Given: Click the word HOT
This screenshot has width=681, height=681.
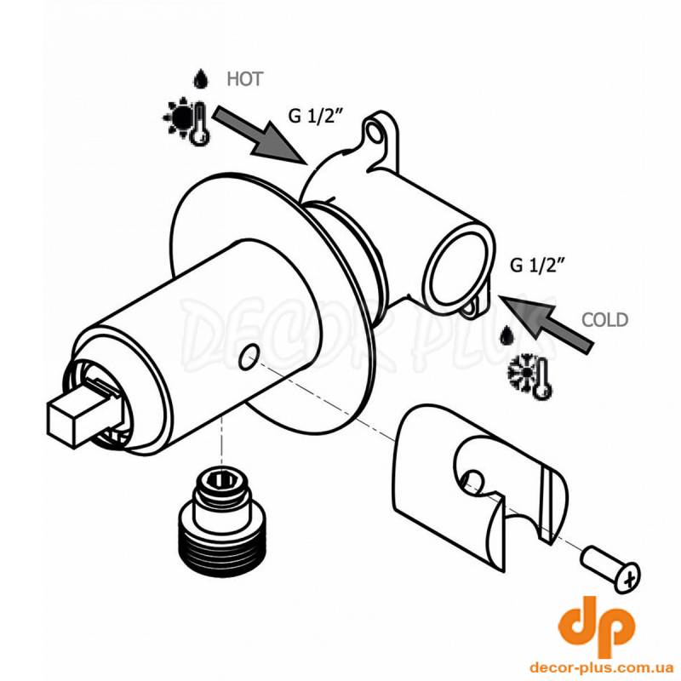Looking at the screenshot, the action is click(245, 79).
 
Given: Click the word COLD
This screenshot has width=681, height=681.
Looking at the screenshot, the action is click(605, 320).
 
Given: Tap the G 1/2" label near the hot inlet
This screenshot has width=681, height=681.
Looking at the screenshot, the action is click(317, 116).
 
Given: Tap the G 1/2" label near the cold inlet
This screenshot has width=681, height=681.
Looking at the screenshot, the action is click(539, 265).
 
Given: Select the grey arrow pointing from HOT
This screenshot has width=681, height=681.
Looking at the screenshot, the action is click(259, 134).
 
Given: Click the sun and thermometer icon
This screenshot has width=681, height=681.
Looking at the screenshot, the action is click(186, 120).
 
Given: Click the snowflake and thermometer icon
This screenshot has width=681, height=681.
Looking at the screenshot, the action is click(529, 376).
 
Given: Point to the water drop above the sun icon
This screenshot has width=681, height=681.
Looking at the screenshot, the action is click(200, 79).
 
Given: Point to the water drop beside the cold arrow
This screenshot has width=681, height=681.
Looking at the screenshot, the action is click(505, 335).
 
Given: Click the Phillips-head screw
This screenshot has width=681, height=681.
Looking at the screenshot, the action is click(611, 570).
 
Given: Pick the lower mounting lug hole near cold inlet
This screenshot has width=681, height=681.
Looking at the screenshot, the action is click(471, 308).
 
